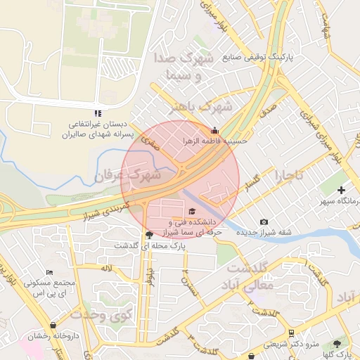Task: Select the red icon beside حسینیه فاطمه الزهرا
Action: click(214, 130)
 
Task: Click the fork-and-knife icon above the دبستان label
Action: click(98, 112)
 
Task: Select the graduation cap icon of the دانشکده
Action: click(192, 211)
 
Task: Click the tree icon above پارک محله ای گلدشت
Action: click(148, 235)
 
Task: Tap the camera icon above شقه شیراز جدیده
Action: click(264, 221)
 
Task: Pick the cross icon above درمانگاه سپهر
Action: click(341, 190)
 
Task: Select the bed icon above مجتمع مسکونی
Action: click(49, 272)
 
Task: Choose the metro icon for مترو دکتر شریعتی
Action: click(291, 333)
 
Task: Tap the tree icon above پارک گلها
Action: click(336, 343)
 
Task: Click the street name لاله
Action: click(107, 269)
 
